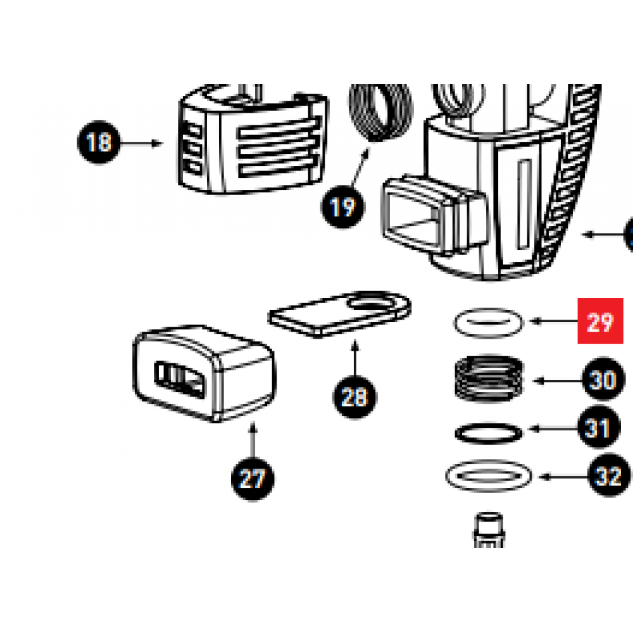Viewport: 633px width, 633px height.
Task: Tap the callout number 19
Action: tap(343, 206)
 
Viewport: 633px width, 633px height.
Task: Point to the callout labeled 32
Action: tap(608, 476)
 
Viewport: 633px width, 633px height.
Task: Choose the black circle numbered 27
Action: tap(252, 478)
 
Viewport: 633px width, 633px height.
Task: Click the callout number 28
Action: tap(354, 397)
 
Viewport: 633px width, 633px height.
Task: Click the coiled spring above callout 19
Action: tap(380, 114)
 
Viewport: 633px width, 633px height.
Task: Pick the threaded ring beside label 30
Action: tap(490, 378)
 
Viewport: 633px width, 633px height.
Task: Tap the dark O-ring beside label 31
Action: tap(489, 434)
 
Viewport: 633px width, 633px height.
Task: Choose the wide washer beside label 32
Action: tap(489, 475)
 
